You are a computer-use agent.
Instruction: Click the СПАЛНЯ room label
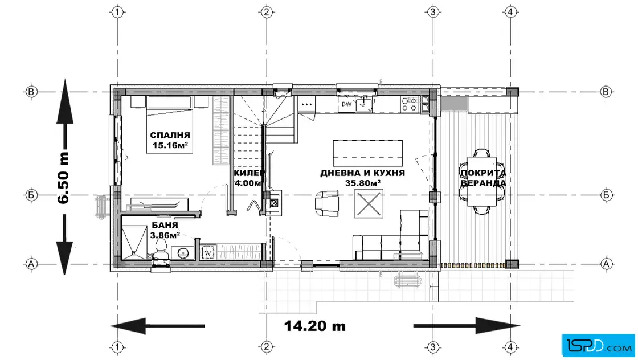(170, 135)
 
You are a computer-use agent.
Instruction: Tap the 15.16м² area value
(170, 145)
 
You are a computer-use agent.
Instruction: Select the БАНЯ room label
(165, 225)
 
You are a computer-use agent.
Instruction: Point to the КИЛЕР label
(250, 173)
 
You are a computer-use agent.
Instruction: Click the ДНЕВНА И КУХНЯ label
(362, 173)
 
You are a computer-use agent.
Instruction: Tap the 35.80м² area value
(363, 183)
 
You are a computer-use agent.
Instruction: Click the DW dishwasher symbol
(346, 104)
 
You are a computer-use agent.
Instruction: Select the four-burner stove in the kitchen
(410, 104)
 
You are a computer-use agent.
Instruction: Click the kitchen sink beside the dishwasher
(364, 105)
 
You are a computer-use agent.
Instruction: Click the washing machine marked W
(208, 252)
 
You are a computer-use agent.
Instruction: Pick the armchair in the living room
(327, 203)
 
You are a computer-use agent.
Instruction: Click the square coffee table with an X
(368, 204)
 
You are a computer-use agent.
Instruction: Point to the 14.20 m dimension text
(315, 326)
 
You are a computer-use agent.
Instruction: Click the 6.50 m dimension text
(63, 177)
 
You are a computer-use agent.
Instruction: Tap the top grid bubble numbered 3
(432, 12)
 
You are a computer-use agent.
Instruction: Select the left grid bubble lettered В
(31, 92)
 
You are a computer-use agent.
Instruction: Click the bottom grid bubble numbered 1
(117, 347)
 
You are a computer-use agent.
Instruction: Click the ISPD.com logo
(598, 345)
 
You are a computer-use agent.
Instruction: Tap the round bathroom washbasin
(183, 253)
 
